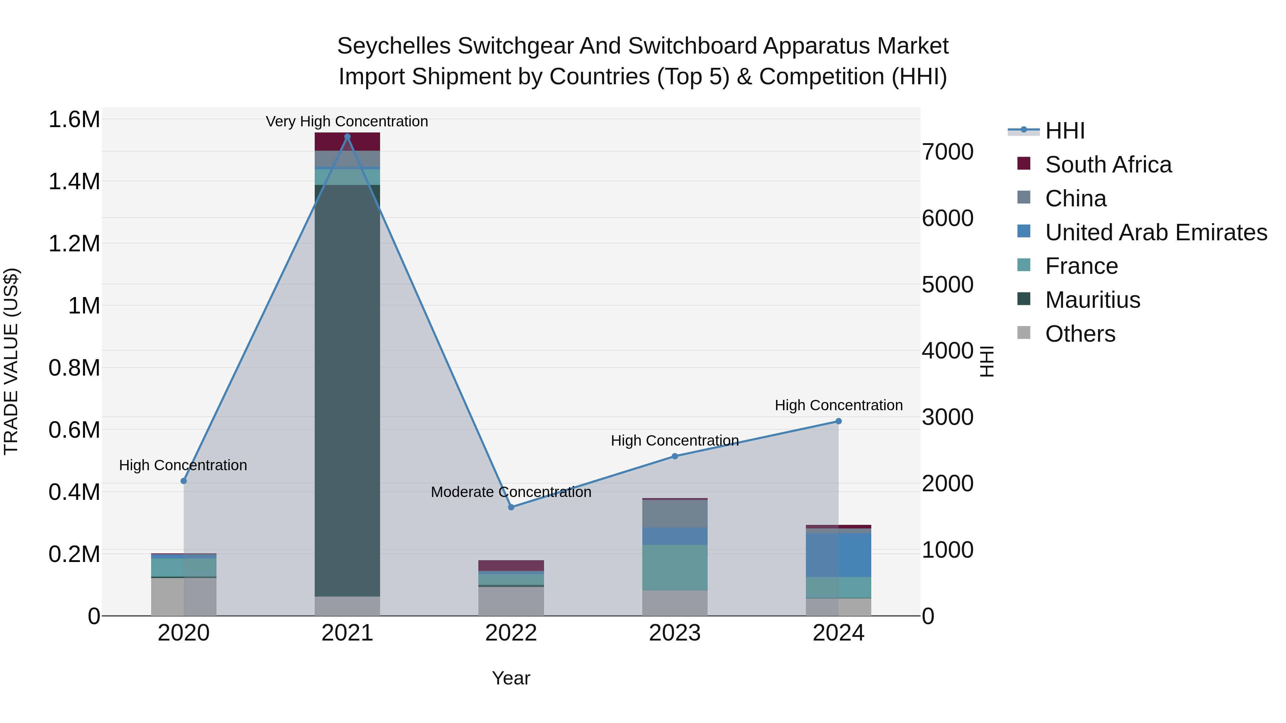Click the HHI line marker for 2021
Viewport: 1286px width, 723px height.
(348, 137)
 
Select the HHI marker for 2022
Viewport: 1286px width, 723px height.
(511, 507)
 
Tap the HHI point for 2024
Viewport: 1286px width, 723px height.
(839, 421)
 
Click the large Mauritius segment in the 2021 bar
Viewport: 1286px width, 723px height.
(348, 389)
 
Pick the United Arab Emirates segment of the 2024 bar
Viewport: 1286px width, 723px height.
(839, 555)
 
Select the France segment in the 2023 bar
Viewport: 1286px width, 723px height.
(675, 568)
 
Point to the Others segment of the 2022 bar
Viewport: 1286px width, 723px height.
(511, 601)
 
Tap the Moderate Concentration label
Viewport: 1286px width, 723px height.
(511, 492)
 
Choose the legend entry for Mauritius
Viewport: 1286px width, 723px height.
(1092, 300)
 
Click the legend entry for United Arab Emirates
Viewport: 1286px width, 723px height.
(1156, 232)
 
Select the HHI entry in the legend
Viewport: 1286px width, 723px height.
(1065, 131)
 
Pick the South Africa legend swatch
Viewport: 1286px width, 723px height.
(1024, 164)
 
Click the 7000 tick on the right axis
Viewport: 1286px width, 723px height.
(947, 152)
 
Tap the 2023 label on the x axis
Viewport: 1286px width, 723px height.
(675, 633)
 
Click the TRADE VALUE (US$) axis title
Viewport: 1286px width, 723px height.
(11, 361)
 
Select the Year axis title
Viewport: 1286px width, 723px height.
(511, 678)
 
